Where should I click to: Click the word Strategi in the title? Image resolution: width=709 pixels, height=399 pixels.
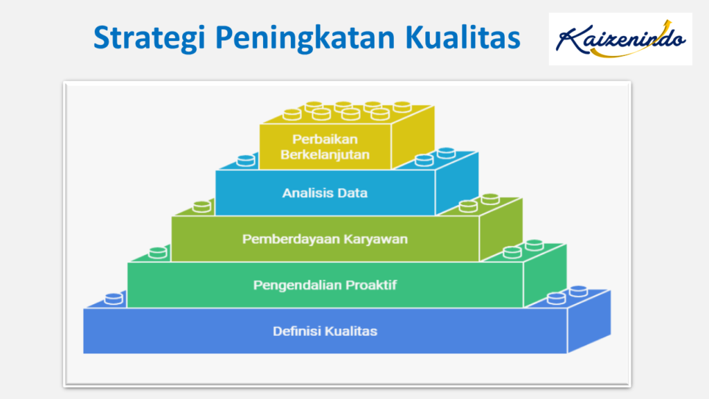(149, 38)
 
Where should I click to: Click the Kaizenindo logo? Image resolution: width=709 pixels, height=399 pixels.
(620, 39)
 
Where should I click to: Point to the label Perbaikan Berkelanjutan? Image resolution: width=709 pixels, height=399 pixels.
(325, 147)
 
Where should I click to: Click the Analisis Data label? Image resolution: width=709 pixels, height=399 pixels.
(325, 193)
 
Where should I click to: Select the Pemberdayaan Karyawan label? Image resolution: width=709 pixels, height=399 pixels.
(325, 239)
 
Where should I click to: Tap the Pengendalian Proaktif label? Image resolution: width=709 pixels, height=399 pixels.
(325, 285)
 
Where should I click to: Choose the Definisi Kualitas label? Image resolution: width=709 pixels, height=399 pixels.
(325, 331)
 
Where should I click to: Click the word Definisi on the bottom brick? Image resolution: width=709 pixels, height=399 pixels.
(297, 331)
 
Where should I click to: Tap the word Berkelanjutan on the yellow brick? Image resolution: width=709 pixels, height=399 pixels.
(325, 154)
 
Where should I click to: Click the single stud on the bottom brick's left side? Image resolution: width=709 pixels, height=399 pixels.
(114, 299)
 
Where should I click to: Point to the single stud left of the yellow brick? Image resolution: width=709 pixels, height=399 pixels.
(246, 161)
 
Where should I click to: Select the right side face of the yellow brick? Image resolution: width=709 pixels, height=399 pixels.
(413, 136)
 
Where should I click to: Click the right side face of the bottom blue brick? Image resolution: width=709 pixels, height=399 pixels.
(589, 321)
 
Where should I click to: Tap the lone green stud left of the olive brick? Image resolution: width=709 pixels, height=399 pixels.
(158, 252)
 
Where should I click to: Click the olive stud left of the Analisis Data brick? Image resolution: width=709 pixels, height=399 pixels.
(201, 206)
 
